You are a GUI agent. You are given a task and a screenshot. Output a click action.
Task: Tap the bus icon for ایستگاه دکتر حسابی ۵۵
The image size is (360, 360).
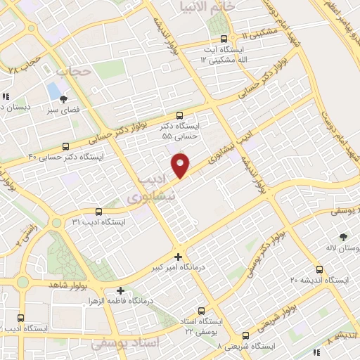coord(179,115)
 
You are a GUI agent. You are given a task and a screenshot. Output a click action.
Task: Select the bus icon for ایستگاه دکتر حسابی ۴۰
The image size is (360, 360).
coord(65,147)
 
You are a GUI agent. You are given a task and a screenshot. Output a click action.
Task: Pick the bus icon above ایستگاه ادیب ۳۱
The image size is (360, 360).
coord(98,212)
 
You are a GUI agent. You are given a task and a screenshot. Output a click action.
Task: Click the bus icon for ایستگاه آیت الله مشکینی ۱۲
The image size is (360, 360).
coord(224,39)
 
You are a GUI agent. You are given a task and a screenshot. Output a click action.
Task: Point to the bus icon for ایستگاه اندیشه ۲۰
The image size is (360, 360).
coord(320,269)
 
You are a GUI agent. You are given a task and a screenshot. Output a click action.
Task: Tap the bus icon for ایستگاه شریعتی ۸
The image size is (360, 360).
coord(246,336)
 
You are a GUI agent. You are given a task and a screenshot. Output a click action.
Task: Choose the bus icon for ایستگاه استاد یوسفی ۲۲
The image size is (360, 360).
coord(202,311)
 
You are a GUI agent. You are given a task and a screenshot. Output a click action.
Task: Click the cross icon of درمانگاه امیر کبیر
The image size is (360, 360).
coord(179,257)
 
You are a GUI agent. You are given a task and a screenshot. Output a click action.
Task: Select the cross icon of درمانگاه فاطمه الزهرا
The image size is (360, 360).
coord(121,290)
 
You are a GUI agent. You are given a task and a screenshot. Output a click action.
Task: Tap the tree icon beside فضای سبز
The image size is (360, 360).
coord(64,99)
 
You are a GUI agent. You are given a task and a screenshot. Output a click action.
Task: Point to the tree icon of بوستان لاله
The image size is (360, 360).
coord(343,237)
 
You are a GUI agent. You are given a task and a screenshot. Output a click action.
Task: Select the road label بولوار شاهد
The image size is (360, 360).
coord(67,285)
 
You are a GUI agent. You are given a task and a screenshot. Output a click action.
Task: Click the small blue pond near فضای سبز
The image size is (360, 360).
coord(53,91)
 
